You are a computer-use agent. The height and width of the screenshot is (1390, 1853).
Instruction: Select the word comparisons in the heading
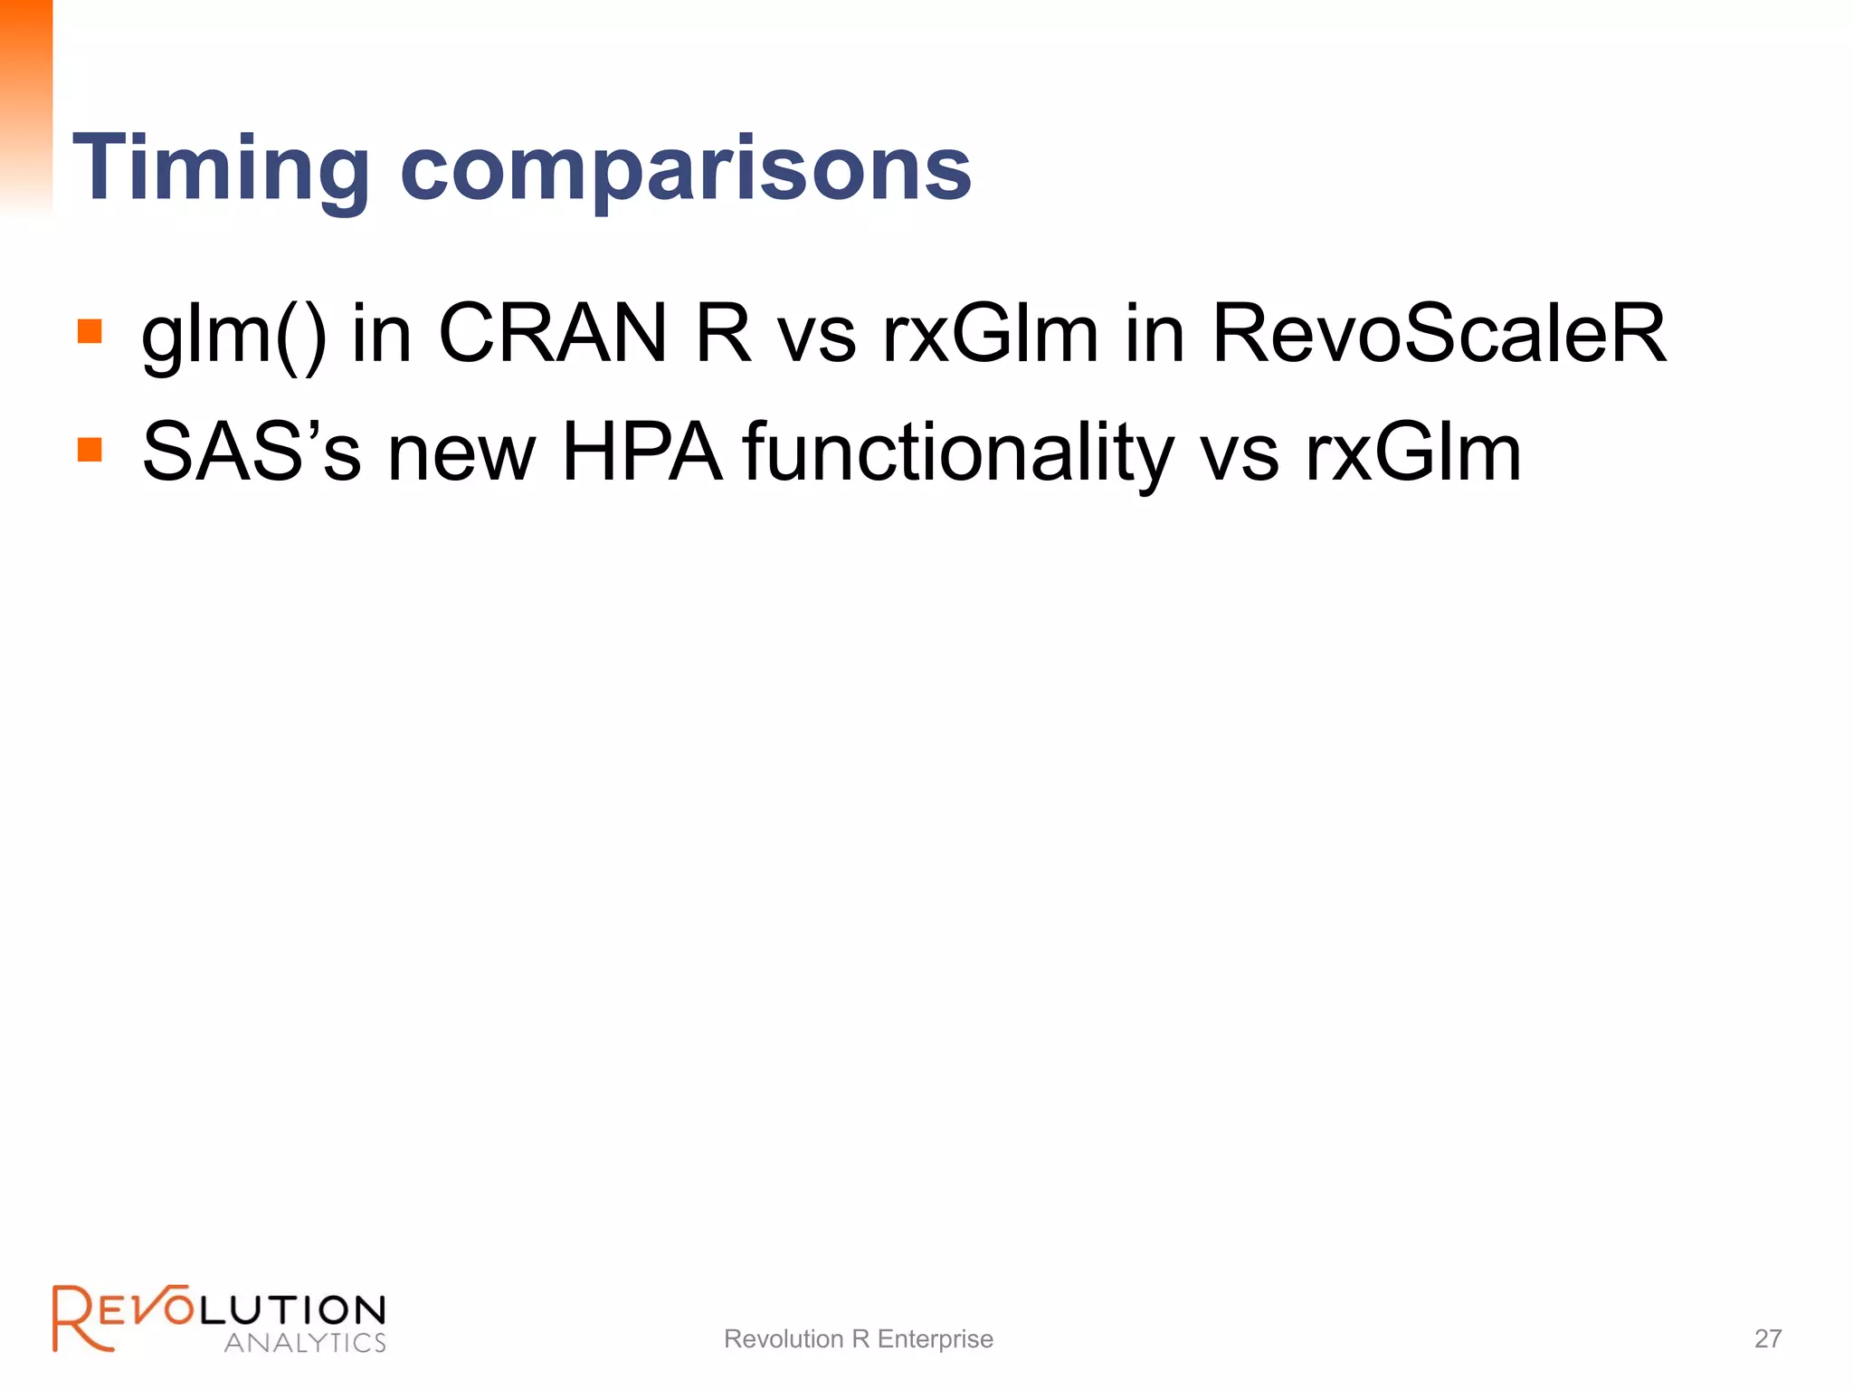685,169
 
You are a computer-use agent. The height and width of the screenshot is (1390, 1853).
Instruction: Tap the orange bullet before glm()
90,331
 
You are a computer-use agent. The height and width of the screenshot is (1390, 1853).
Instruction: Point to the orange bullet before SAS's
90,450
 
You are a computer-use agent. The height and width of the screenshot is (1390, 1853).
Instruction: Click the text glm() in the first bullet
233,335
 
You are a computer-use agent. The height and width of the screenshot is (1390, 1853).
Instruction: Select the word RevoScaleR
1439,333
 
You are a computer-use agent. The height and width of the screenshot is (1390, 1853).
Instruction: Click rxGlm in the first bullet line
991,333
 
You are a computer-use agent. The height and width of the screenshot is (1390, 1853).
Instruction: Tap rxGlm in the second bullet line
1413,452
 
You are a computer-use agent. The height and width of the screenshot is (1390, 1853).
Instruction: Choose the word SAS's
252,452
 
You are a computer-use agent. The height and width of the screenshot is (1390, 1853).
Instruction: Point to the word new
461,452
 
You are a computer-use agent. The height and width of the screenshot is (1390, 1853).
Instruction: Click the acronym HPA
641,452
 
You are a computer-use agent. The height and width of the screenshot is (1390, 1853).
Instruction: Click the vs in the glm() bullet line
817,335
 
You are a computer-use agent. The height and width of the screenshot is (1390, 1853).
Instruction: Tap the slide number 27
1768,1338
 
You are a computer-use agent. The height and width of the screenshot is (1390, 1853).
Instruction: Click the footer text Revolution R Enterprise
858,1338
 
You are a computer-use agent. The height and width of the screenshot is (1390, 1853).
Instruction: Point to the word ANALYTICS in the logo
305,1342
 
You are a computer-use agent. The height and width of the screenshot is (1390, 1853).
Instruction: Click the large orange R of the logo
80,1319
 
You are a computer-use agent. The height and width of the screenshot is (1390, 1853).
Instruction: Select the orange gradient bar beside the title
26,104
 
